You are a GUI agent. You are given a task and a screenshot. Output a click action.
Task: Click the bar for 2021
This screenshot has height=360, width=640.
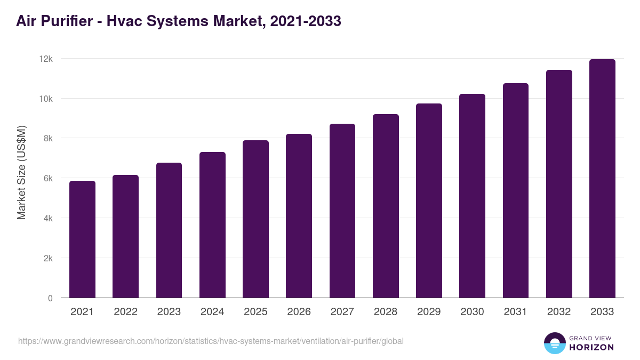point(83,239)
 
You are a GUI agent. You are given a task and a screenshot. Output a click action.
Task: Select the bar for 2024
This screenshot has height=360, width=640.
point(212,225)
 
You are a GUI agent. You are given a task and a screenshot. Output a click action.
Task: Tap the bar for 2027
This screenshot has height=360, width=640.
point(342,211)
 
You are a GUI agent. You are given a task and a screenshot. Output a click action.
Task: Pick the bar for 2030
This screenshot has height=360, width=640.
point(472,196)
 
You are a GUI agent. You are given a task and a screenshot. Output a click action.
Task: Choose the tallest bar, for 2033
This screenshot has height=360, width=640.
point(602,179)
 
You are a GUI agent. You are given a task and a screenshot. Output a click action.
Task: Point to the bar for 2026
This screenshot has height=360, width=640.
point(299,216)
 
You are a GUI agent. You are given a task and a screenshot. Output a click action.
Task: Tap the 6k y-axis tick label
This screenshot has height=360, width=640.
point(47,179)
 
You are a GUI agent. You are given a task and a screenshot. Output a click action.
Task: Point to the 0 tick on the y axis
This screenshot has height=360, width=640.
point(50,298)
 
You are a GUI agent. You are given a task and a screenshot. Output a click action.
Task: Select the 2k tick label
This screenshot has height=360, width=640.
point(47,258)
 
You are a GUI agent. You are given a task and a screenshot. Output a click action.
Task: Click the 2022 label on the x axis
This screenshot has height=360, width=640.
point(125,312)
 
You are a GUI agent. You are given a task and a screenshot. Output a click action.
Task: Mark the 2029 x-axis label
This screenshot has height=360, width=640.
point(429,312)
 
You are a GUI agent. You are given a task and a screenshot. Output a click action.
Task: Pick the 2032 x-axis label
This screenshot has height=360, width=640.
point(559,312)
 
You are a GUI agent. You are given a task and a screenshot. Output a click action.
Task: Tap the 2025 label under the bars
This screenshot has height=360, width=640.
point(255,312)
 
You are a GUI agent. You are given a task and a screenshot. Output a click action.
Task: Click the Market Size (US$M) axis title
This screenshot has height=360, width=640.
point(21,172)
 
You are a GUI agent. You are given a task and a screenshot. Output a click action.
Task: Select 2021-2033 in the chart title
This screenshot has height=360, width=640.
point(306,21)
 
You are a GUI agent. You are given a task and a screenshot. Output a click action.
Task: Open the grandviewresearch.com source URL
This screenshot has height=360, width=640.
point(211,341)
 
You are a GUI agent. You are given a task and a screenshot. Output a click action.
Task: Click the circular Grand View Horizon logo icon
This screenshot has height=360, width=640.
point(554,343)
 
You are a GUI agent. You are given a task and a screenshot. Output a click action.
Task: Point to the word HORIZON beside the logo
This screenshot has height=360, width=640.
point(591,347)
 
